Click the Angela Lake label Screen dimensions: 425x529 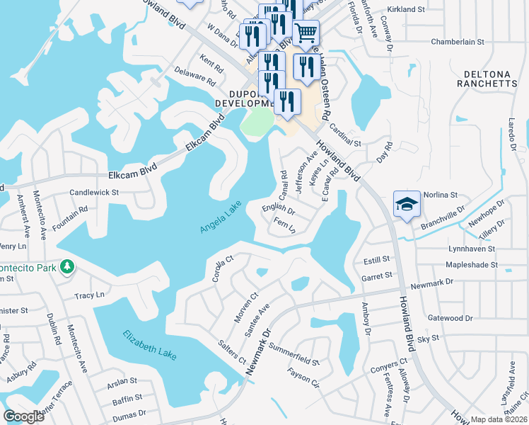pos(221,217)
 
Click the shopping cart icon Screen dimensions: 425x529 pos(306,33)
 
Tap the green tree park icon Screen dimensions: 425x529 pos(66,266)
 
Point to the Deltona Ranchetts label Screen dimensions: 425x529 pos(491,79)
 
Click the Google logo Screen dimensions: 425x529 pos(24,416)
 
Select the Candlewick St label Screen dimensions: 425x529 pos(94,192)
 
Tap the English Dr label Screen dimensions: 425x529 pos(278,210)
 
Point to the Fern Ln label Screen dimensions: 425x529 pos(284,226)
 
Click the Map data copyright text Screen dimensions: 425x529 pos(497,419)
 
